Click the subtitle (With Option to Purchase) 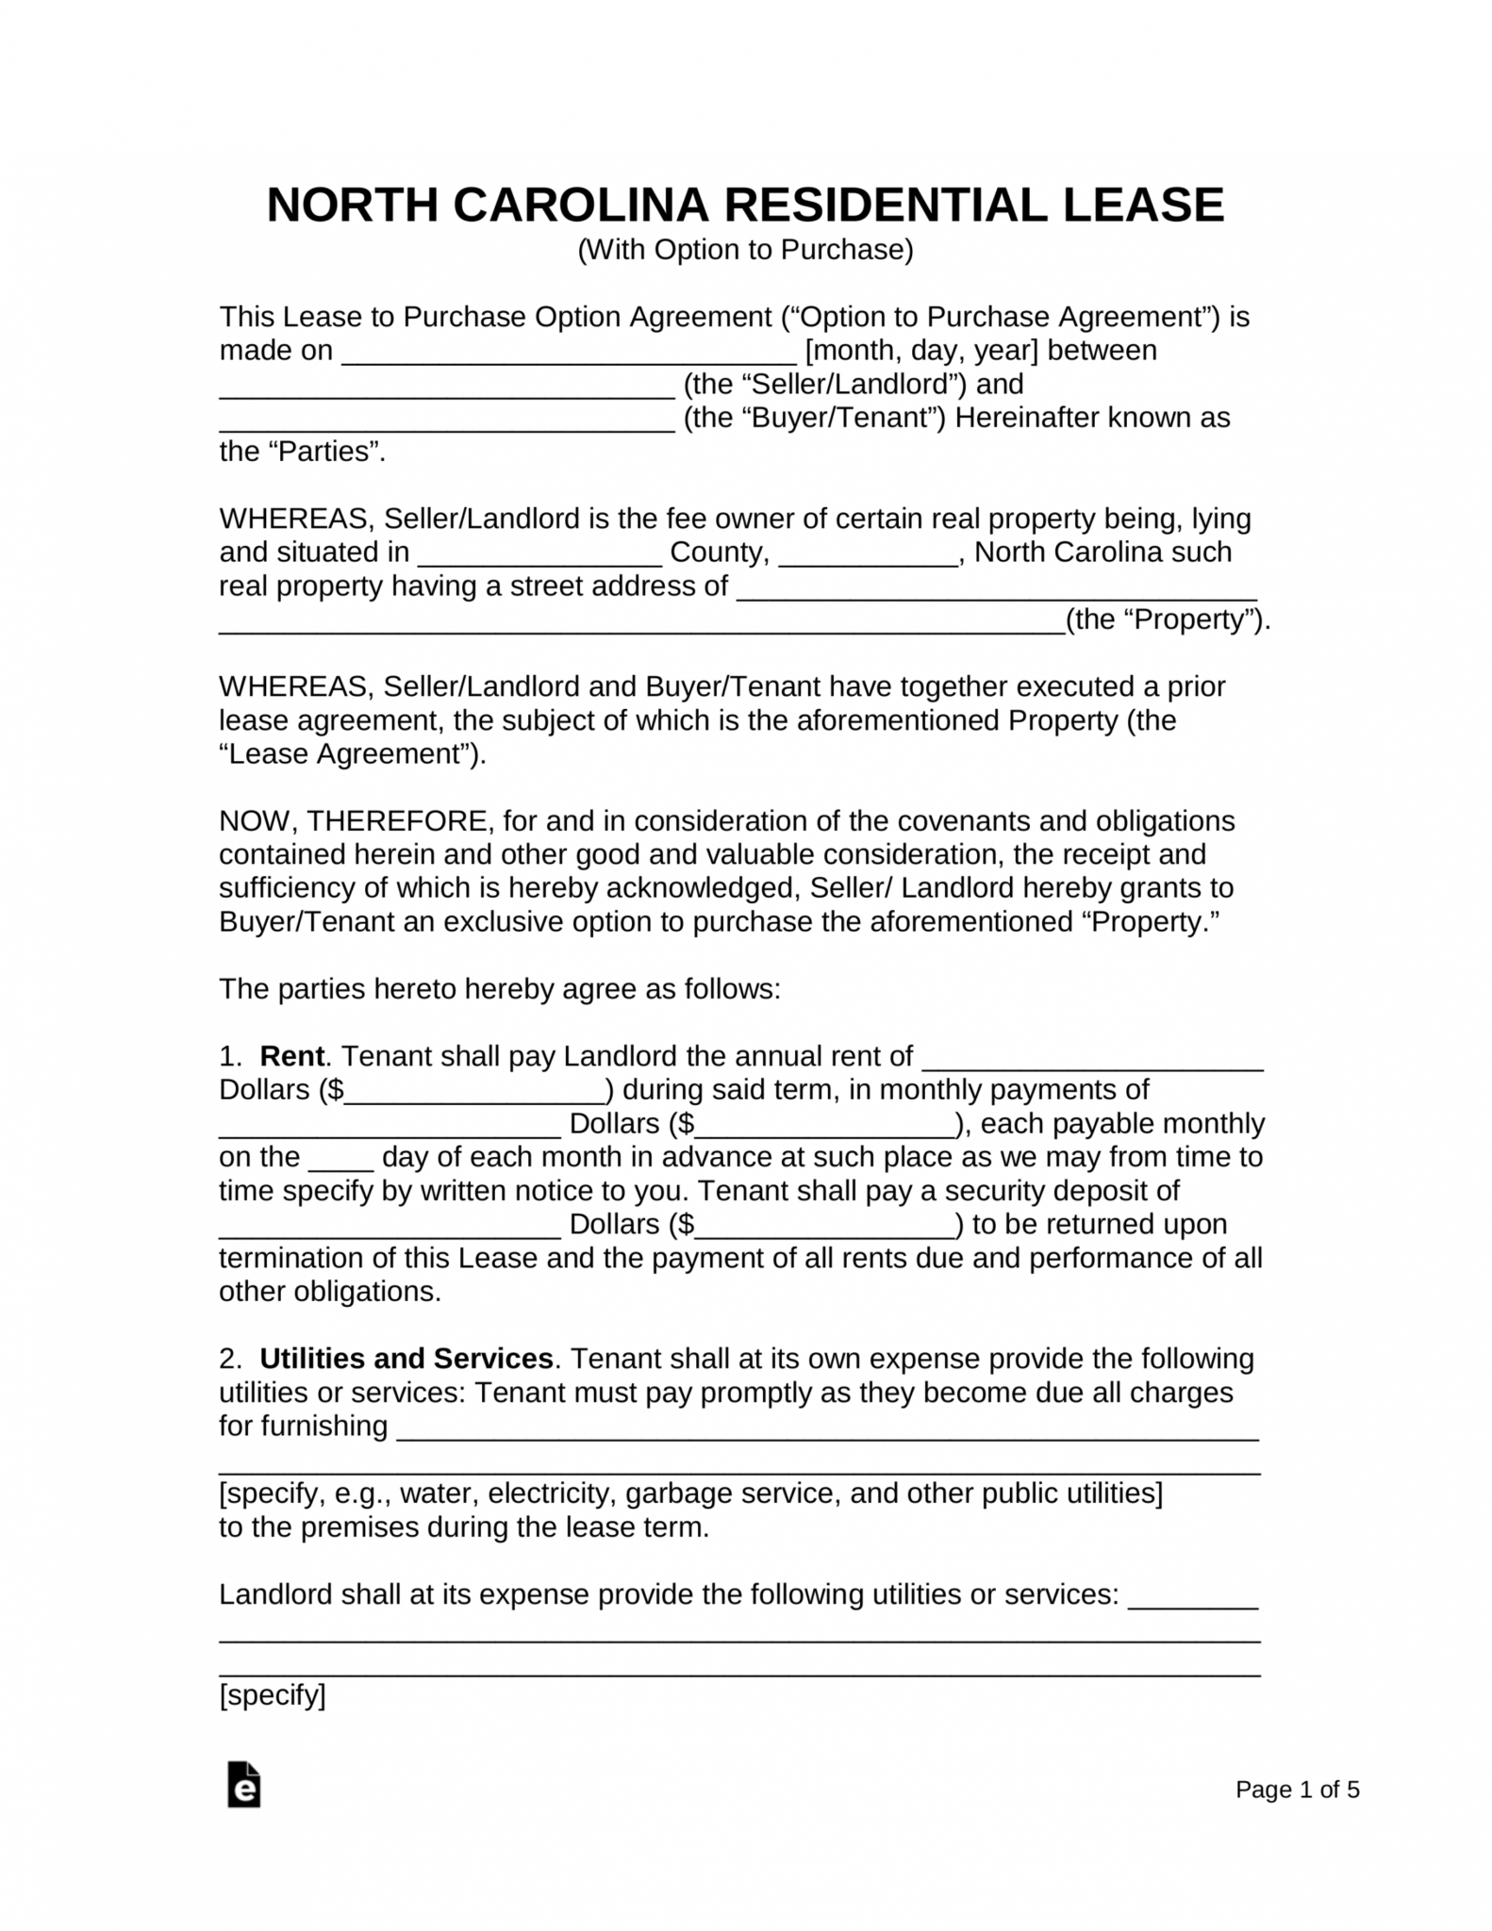click(745, 250)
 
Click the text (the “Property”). click(1167, 619)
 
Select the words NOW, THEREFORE click(354, 820)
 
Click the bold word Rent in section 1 click(290, 1056)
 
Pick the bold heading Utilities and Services click(406, 1359)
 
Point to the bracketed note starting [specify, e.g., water click(690, 1494)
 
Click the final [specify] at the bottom click(272, 1695)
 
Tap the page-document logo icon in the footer click(243, 1784)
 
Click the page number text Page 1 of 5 click(1297, 1790)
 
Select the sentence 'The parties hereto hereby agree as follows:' click(500, 989)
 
